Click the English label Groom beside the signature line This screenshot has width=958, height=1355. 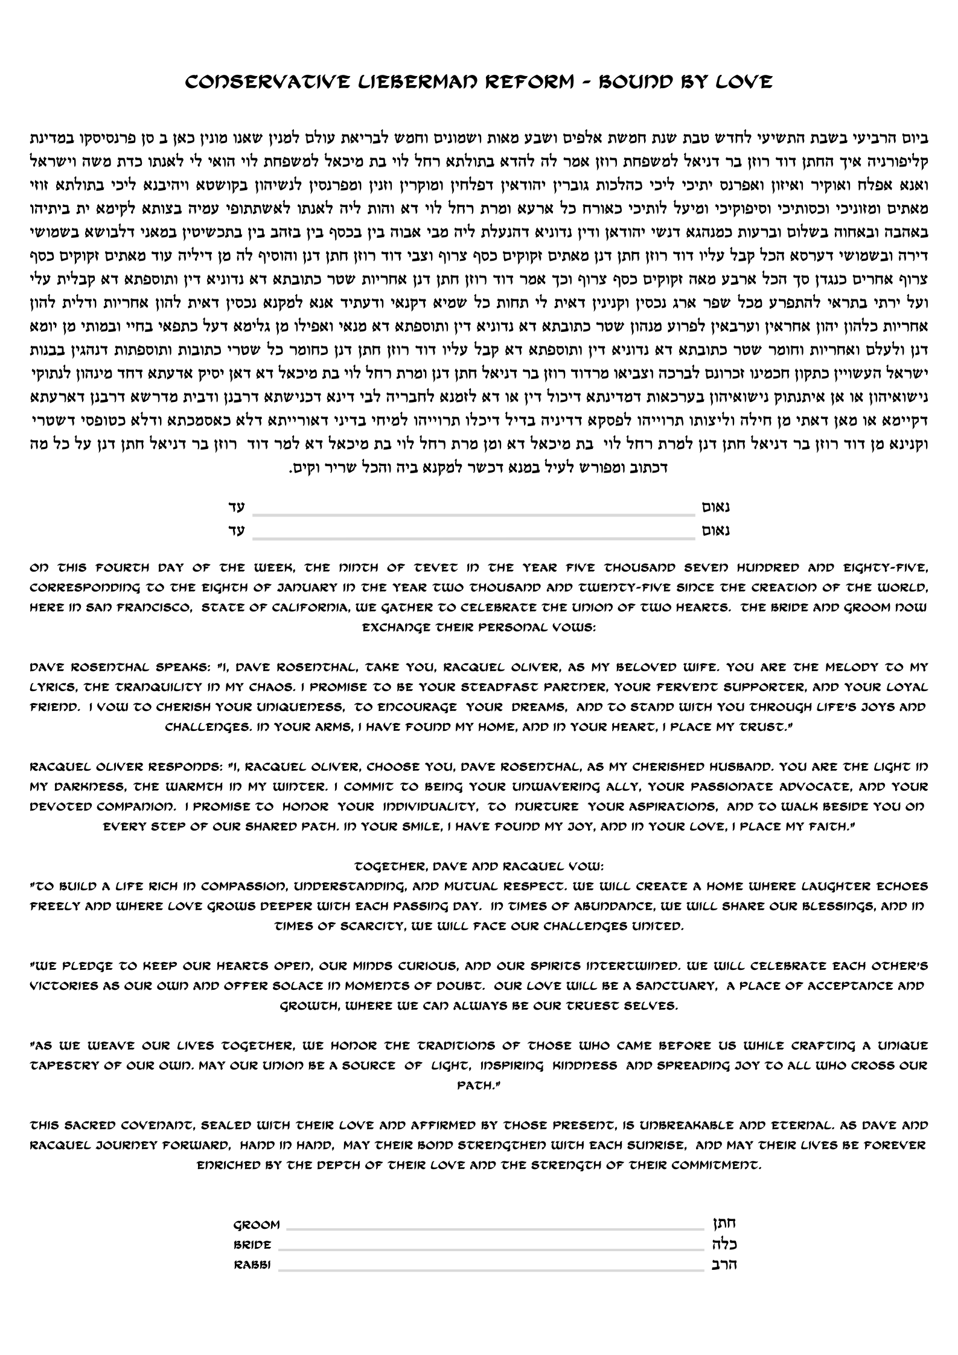pos(257,1225)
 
